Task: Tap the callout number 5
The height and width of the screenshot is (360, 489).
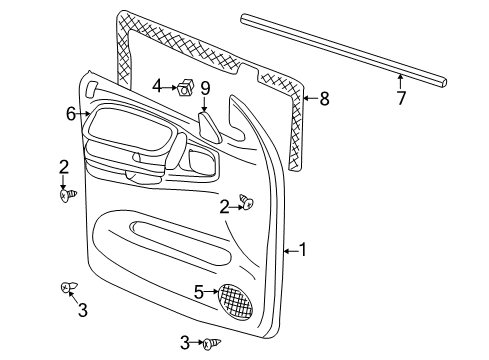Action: [198, 292]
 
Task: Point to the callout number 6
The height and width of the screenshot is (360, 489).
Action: [71, 115]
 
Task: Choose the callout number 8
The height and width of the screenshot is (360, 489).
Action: [323, 98]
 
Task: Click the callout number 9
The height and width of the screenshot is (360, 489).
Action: [204, 88]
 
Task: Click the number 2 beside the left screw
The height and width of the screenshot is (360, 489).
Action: [63, 167]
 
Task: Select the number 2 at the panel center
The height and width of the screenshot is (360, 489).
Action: [224, 205]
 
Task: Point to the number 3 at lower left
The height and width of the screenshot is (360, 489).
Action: [82, 311]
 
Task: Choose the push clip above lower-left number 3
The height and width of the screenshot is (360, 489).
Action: [66, 289]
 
